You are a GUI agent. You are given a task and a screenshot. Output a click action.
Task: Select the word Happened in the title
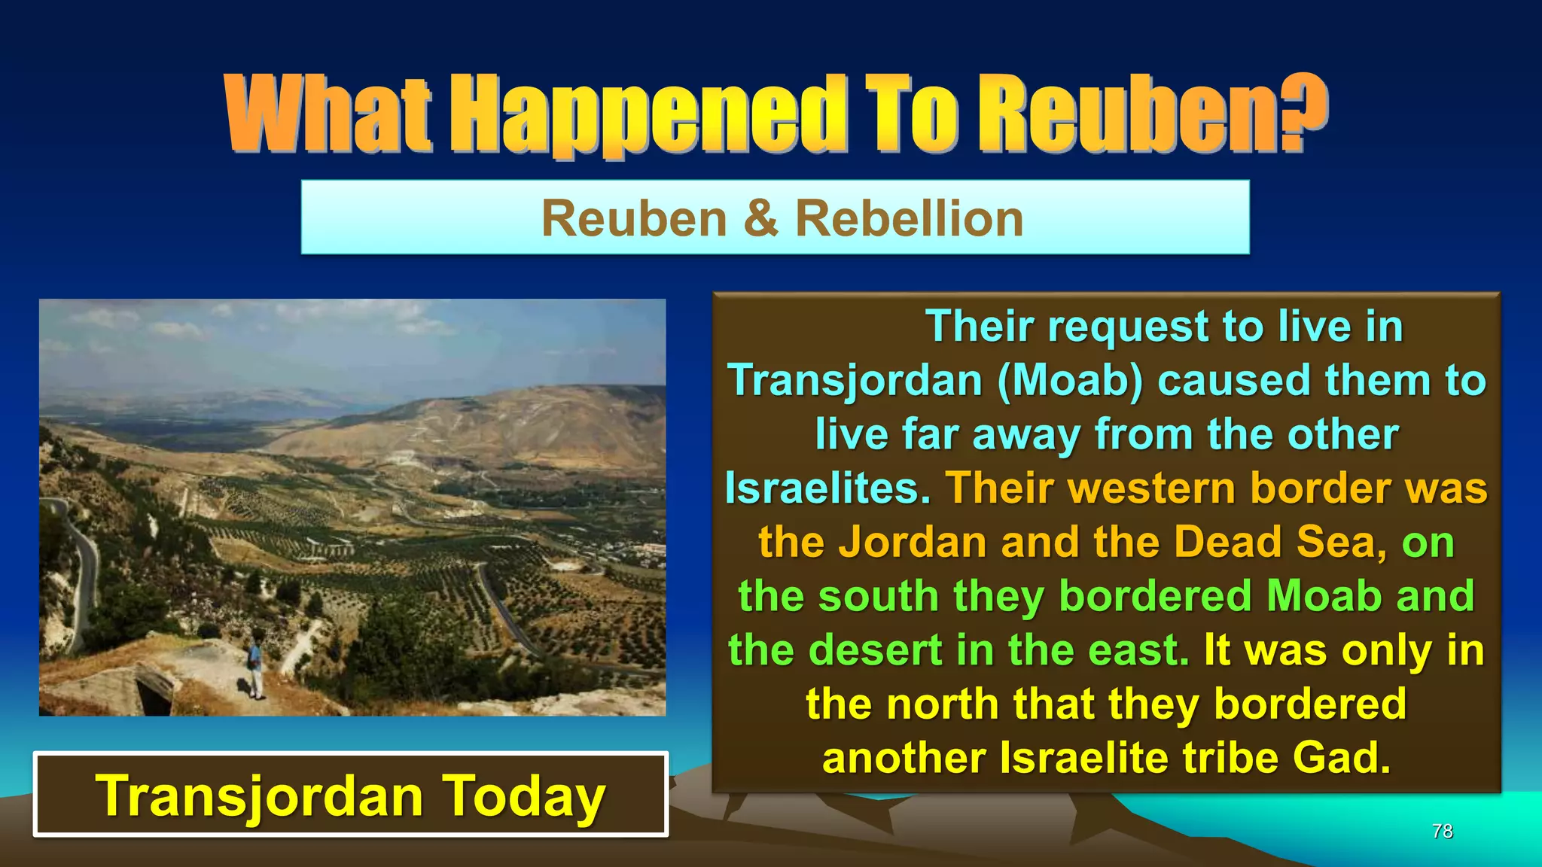point(648,114)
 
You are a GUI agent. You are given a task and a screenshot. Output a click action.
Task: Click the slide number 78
point(1442,831)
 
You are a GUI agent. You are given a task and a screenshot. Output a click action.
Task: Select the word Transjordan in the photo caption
point(259,796)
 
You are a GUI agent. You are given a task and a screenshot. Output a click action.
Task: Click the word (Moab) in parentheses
point(1070,380)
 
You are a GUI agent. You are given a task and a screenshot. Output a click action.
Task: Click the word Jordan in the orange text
point(912,542)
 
